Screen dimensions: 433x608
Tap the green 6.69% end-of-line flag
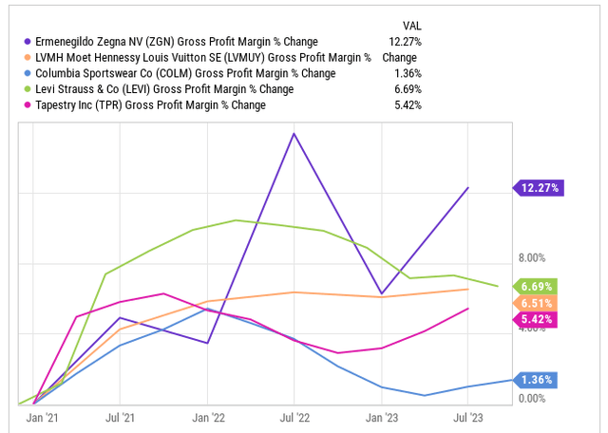[538, 286]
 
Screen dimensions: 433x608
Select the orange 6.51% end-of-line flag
[538, 302]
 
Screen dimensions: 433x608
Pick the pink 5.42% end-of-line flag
[538, 318]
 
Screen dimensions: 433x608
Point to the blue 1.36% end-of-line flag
[538, 380]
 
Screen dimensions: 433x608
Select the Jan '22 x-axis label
[207, 417]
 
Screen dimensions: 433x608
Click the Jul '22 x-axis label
[294, 417]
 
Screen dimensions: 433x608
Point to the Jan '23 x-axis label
[381, 417]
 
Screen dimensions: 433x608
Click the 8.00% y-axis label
[531, 257]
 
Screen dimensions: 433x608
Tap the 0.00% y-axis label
[531, 399]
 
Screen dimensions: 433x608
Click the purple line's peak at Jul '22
[294, 133]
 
